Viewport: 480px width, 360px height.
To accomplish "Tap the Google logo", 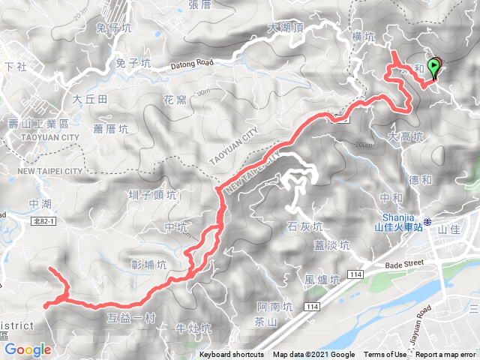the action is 27,349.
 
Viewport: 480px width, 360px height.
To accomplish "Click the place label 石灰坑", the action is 305,226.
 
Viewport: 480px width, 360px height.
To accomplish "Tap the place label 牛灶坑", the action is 193,328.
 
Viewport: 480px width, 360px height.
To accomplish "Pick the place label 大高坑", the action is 406,137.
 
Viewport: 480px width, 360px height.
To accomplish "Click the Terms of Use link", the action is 385,355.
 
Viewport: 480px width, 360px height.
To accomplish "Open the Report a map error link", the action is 445,355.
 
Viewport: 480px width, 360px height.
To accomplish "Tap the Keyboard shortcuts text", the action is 231,355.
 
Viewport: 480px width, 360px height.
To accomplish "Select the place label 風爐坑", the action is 322,280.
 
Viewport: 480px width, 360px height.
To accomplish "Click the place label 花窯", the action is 174,99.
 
